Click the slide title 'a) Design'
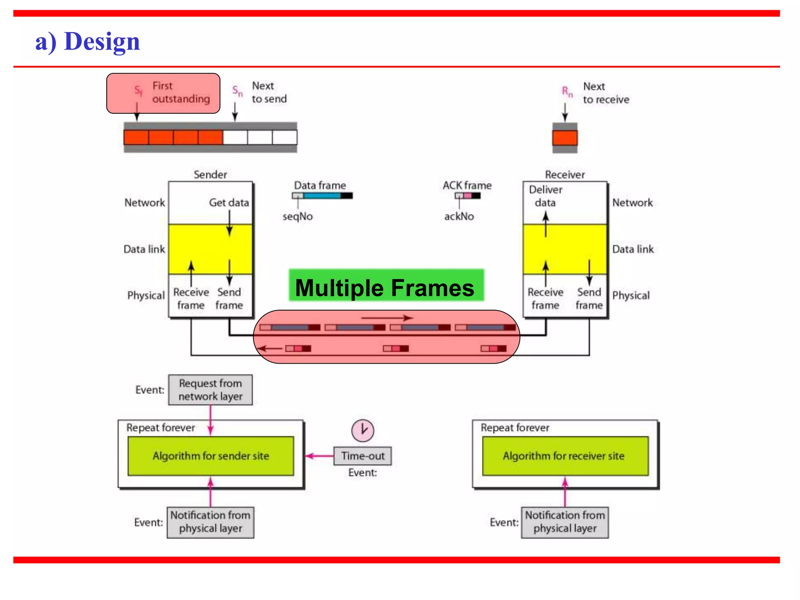click(87, 41)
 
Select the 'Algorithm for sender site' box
click(211, 456)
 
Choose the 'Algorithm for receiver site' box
click(565, 456)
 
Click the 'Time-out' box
click(362, 456)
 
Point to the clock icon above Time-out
click(362, 430)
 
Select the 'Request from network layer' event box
click(210, 390)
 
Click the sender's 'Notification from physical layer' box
click(210, 522)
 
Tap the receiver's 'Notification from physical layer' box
click(565, 522)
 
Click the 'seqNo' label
click(298, 216)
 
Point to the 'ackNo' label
click(459, 216)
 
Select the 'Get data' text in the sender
click(229, 202)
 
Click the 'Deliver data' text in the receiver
click(545, 196)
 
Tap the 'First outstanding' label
click(181, 93)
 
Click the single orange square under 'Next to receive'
click(565, 138)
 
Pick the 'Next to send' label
click(269, 93)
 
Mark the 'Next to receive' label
click(606, 93)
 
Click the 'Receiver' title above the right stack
click(565, 175)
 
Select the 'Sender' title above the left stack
click(210, 175)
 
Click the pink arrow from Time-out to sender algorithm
click(320, 456)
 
